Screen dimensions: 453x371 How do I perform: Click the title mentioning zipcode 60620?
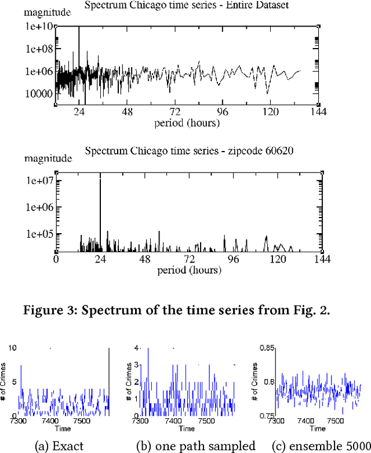click(x=189, y=152)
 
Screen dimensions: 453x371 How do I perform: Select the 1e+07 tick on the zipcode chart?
click(x=38, y=181)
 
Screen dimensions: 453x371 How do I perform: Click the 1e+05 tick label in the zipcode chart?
click(x=38, y=234)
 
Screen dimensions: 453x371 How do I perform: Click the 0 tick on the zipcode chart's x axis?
click(x=56, y=260)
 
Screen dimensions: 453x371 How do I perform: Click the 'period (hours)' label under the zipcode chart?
click(x=187, y=270)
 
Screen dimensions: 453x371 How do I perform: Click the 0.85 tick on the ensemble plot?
click(x=267, y=348)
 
